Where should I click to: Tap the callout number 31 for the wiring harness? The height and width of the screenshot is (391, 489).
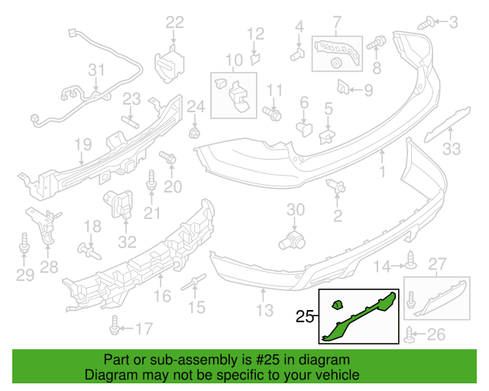click(96, 70)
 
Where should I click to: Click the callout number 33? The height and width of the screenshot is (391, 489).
click(453, 149)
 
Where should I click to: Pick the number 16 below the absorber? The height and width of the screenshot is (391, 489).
click(163, 296)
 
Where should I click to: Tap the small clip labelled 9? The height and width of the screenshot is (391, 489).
click(344, 88)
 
